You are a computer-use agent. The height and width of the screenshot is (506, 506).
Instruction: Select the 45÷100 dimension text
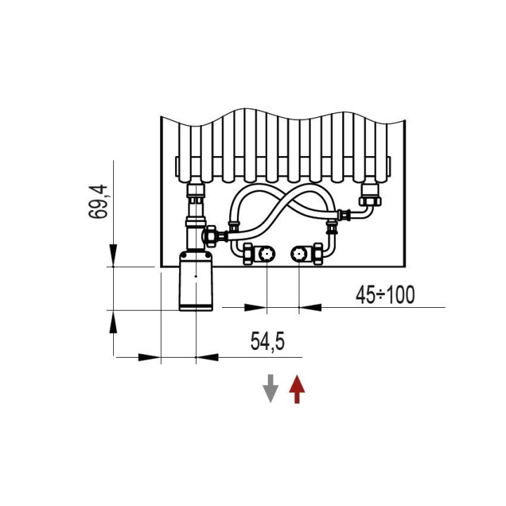[384, 295]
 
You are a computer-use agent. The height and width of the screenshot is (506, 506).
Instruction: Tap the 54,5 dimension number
[267, 342]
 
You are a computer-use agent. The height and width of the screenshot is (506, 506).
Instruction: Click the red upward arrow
[297, 389]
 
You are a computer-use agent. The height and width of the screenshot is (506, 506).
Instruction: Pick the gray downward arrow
[271, 389]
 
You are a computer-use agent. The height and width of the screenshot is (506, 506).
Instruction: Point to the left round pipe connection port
[266, 254]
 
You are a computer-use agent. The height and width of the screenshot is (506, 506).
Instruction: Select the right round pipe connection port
[299, 254]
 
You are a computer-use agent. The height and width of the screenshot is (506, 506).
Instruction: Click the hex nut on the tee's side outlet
[211, 234]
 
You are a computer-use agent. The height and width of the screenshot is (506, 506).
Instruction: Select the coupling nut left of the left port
[248, 254]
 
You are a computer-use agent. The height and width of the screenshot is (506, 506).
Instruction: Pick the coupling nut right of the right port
[318, 254]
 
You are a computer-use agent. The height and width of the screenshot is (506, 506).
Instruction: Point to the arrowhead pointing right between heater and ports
[255, 307]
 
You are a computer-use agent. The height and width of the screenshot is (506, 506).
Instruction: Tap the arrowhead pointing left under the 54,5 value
[207, 357]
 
